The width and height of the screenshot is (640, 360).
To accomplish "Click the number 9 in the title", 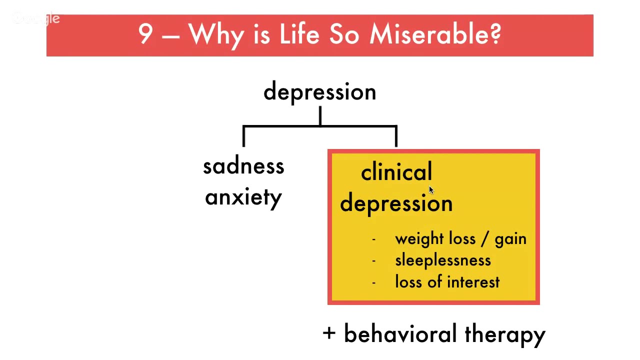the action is pyautogui.click(x=145, y=34).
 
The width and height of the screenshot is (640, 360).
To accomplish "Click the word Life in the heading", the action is pyautogui.click(x=300, y=34).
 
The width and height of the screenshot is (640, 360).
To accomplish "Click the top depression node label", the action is pyautogui.click(x=319, y=92).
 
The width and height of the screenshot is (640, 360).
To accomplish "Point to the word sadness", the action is pyautogui.click(x=243, y=166).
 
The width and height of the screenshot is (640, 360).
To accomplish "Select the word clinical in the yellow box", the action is pyautogui.click(x=396, y=172).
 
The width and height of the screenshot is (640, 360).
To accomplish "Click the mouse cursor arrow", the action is pyautogui.click(x=431, y=190).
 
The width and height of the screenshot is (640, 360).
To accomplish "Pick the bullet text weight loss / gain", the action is pyautogui.click(x=460, y=239).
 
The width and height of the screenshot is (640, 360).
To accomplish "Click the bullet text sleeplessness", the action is pyautogui.click(x=443, y=260).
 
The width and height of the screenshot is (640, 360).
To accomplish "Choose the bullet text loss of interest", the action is pyautogui.click(x=447, y=282).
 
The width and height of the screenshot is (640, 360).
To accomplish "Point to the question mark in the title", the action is pyautogui.click(x=495, y=34).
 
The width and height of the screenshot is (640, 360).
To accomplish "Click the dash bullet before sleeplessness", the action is pyautogui.click(x=373, y=261).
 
